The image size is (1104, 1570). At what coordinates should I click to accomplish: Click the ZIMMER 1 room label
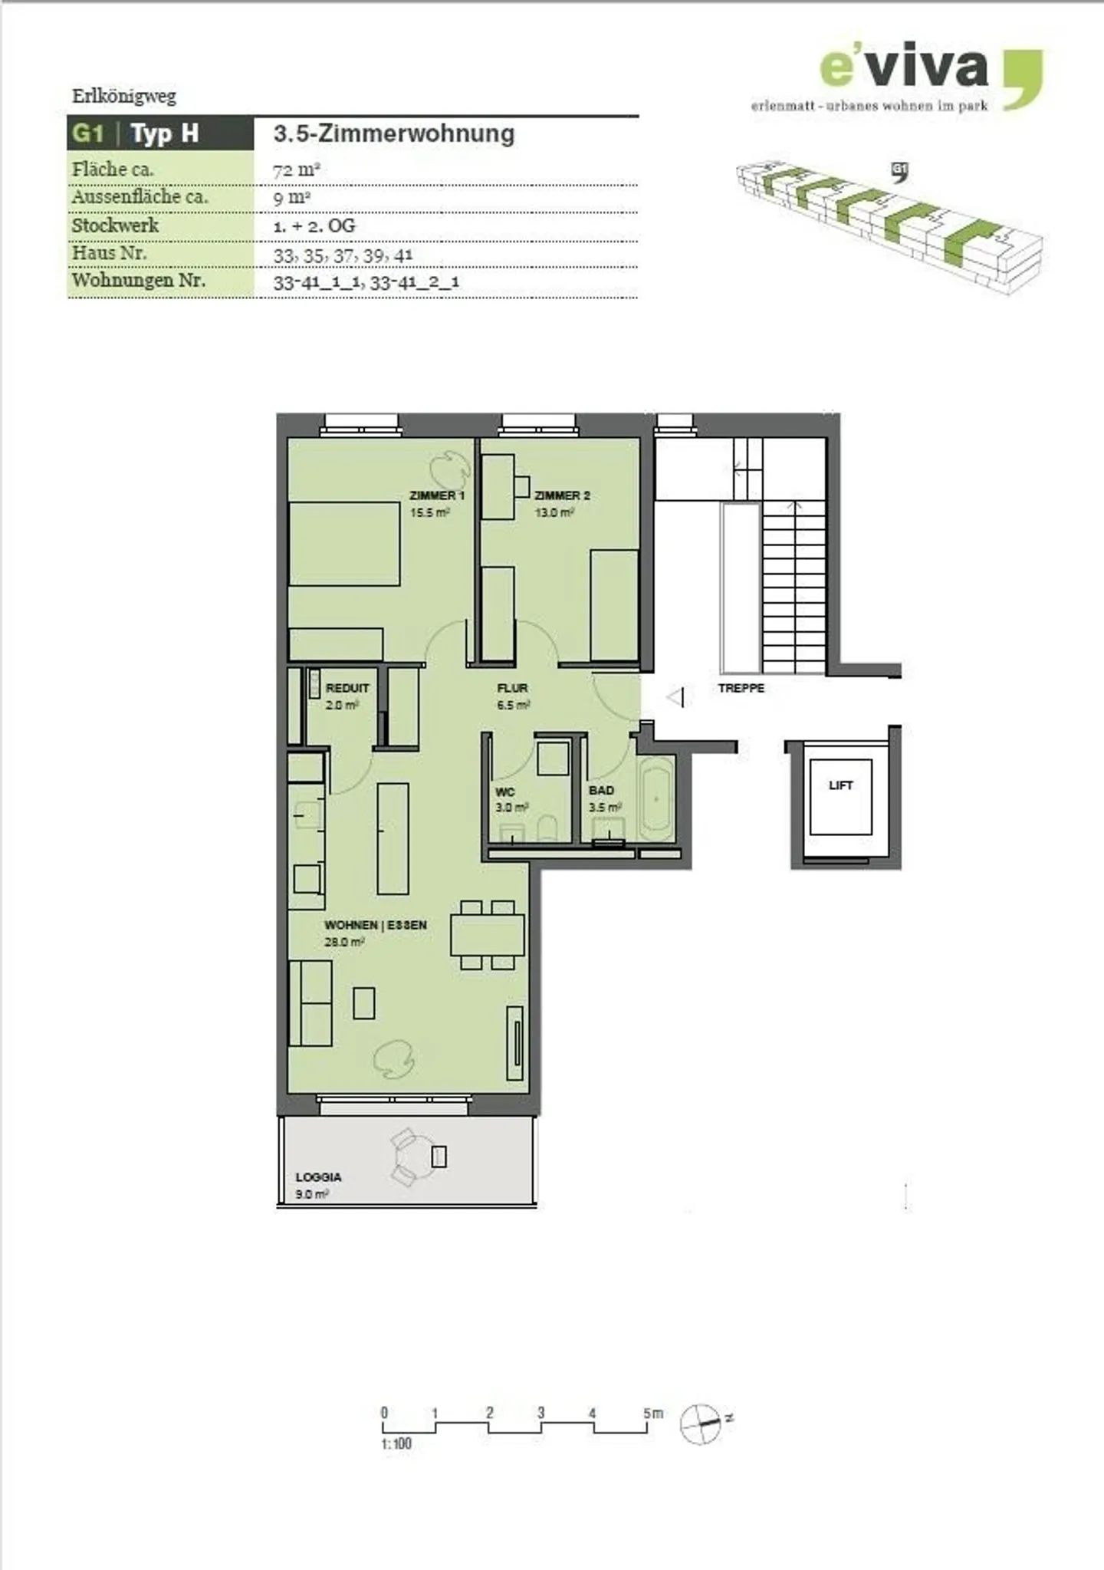436,495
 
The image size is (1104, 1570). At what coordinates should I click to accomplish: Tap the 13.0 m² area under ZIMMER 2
554,512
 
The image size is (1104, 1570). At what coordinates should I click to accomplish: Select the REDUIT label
347,688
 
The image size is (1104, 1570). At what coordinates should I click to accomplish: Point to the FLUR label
512,688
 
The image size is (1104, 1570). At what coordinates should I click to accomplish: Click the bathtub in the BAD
656,798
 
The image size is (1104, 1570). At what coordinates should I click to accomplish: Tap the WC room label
504,792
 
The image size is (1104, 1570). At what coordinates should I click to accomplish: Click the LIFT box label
840,785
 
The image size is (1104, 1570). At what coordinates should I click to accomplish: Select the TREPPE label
741,688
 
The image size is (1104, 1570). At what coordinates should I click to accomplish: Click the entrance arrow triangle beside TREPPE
676,698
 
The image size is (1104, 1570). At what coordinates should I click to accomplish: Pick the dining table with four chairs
487,935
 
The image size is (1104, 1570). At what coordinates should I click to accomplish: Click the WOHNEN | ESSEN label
375,925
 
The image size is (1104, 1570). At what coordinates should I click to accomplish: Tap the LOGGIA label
318,1177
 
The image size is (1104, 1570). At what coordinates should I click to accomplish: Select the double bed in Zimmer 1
344,544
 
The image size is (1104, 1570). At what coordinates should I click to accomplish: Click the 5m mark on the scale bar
652,1413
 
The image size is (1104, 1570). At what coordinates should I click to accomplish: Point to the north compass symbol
700,1424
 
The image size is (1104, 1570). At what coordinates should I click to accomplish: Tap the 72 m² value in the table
296,170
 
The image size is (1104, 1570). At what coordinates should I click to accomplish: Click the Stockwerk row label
115,225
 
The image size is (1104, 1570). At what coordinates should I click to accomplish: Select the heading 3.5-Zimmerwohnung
393,133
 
